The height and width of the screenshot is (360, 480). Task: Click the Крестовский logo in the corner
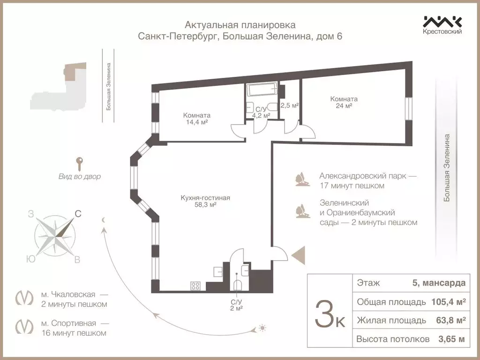coord(442,24)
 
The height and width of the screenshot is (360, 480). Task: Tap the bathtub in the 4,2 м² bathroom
coord(262,90)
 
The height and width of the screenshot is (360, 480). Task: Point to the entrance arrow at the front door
coord(298,255)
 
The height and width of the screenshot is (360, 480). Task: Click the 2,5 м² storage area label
coord(289,105)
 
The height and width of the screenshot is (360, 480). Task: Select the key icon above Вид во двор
coord(80,164)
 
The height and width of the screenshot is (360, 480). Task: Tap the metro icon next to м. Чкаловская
coord(25,299)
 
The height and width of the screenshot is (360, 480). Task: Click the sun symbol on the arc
coord(262,328)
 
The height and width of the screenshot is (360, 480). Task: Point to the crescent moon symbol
coord(104,220)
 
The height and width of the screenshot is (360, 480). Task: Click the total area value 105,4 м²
coord(448,302)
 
